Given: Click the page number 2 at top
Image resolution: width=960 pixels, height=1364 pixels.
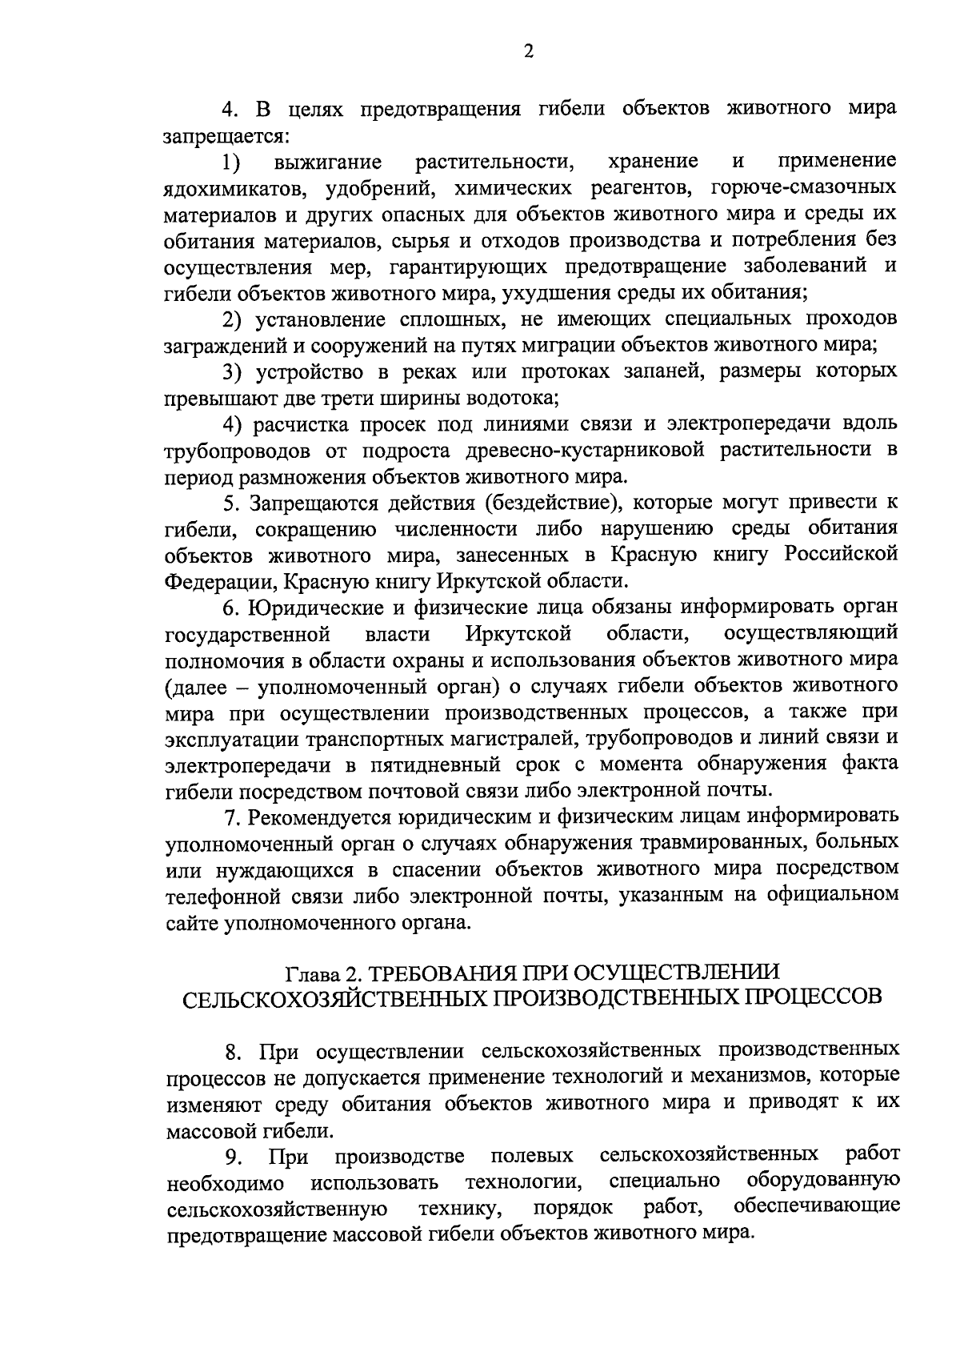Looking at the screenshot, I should coord(527,52).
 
